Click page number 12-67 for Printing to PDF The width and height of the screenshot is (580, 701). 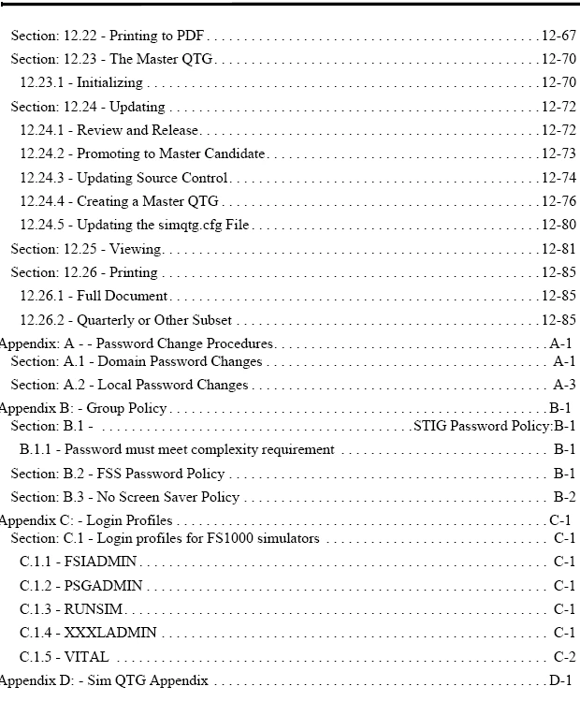pyautogui.click(x=558, y=37)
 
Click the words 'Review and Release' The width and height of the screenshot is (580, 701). pyautogui.click(x=138, y=131)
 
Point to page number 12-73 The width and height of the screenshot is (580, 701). pyautogui.click(x=558, y=154)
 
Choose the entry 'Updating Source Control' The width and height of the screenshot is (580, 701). pyautogui.click(x=152, y=178)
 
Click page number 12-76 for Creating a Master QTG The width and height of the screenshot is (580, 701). pyautogui.click(x=558, y=201)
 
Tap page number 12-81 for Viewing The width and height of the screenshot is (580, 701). pyautogui.click(x=558, y=249)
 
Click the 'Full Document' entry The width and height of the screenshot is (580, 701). pyautogui.click(x=122, y=297)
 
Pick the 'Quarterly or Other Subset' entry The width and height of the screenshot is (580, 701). pyautogui.click(x=154, y=320)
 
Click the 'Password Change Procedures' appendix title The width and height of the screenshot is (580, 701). pyautogui.click(x=184, y=343)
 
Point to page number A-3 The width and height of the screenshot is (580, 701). pyautogui.click(x=564, y=385)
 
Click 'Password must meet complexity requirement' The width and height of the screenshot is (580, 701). pyautogui.click(x=199, y=450)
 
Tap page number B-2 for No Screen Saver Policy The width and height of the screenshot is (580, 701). pyautogui.click(x=564, y=497)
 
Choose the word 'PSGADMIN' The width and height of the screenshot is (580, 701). pyautogui.click(x=103, y=586)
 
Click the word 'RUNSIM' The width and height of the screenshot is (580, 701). pyautogui.click(x=94, y=609)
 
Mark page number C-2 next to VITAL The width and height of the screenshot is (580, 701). pyautogui.click(x=564, y=657)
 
